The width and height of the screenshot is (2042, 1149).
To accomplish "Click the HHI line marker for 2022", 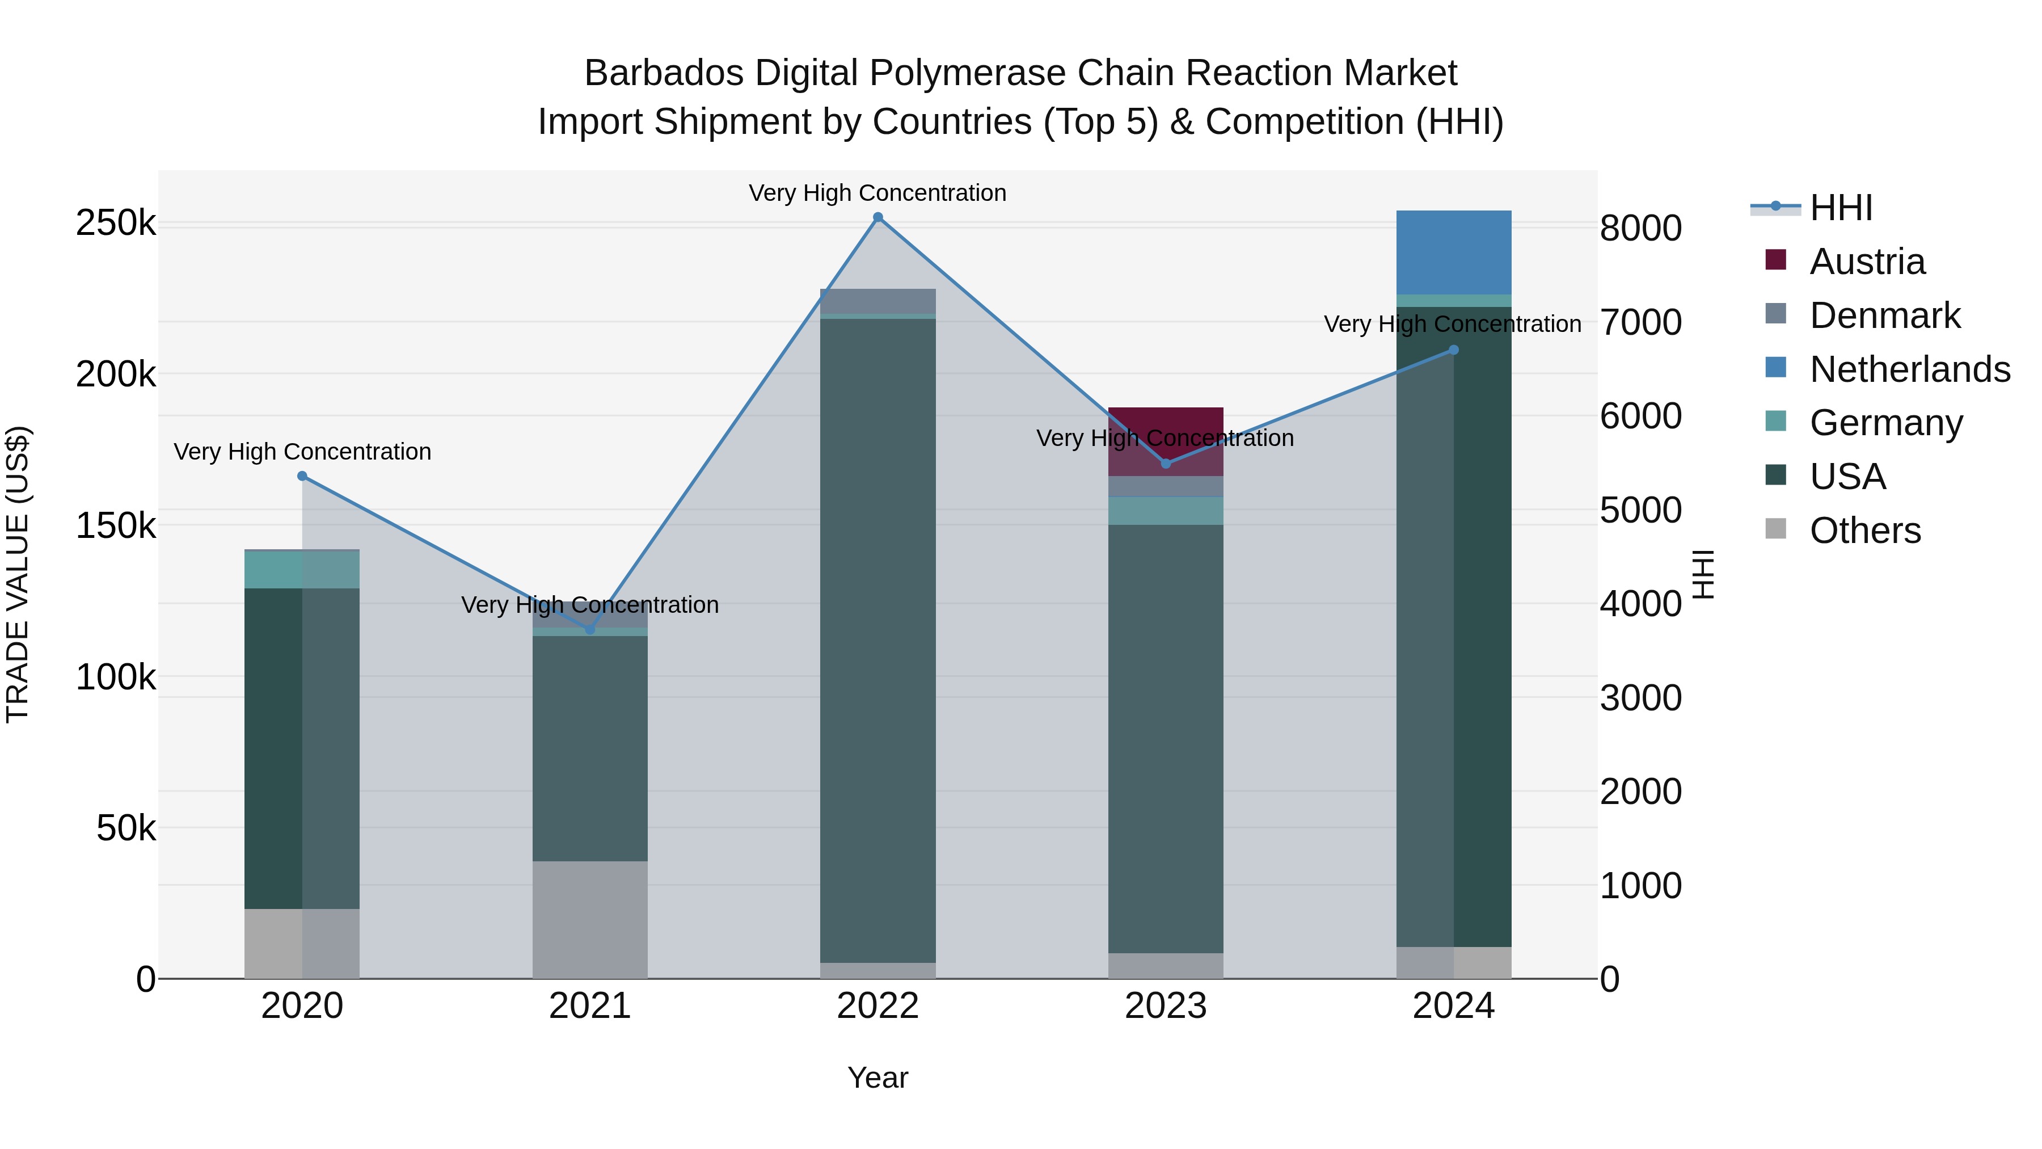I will pos(877,217).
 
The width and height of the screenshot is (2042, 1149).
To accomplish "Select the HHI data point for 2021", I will pos(590,629).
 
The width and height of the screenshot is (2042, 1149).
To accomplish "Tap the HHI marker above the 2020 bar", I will pos(302,476).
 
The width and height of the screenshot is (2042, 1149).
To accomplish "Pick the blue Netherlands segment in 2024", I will pos(1453,252).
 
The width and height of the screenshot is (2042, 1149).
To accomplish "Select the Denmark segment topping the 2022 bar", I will pos(877,301).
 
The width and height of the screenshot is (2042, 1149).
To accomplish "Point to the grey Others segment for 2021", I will pos(590,919).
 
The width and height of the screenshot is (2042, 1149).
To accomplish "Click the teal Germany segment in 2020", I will pos(302,569).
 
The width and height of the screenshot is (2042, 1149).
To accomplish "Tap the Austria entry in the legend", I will pos(1867,262).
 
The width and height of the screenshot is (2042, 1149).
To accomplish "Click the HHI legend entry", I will pos(1841,208).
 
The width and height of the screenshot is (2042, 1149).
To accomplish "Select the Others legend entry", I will pos(1864,531).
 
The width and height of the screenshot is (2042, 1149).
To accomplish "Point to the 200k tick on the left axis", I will pos(116,374).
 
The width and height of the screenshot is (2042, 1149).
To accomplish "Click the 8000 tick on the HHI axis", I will pos(1639,228).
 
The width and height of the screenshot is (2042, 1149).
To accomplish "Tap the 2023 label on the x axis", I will pos(1165,1006).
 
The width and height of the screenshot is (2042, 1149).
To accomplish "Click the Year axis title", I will pos(877,1078).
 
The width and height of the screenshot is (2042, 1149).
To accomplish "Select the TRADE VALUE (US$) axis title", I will pos(18,574).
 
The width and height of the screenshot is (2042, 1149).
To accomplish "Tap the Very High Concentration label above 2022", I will pos(877,193).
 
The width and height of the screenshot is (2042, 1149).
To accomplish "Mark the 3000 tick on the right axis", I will pos(1639,698).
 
